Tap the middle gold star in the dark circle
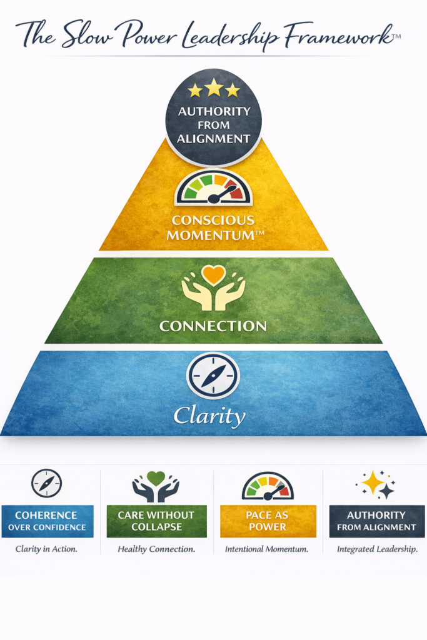tap(214, 87)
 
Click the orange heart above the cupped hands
tap(213, 276)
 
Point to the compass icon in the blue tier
tap(213, 376)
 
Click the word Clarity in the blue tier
tap(209, 415)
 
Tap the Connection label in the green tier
tap(213, 326)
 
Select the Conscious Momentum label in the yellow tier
tap(213, 229)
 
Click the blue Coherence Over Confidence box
tap(48, 521)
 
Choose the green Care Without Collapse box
tap(156, 521)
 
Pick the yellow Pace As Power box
tap(268, 521)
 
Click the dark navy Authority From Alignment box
tap(376, 521)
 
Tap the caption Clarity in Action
tap(47, 549)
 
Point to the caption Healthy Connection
tap(156, 549)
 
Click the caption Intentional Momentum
tap(268, 549)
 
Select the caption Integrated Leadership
tap(376, 549)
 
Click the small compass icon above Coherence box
tap(47, 483)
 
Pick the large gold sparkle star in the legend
tap(373, 482)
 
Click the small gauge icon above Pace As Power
tap(268, 486)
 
